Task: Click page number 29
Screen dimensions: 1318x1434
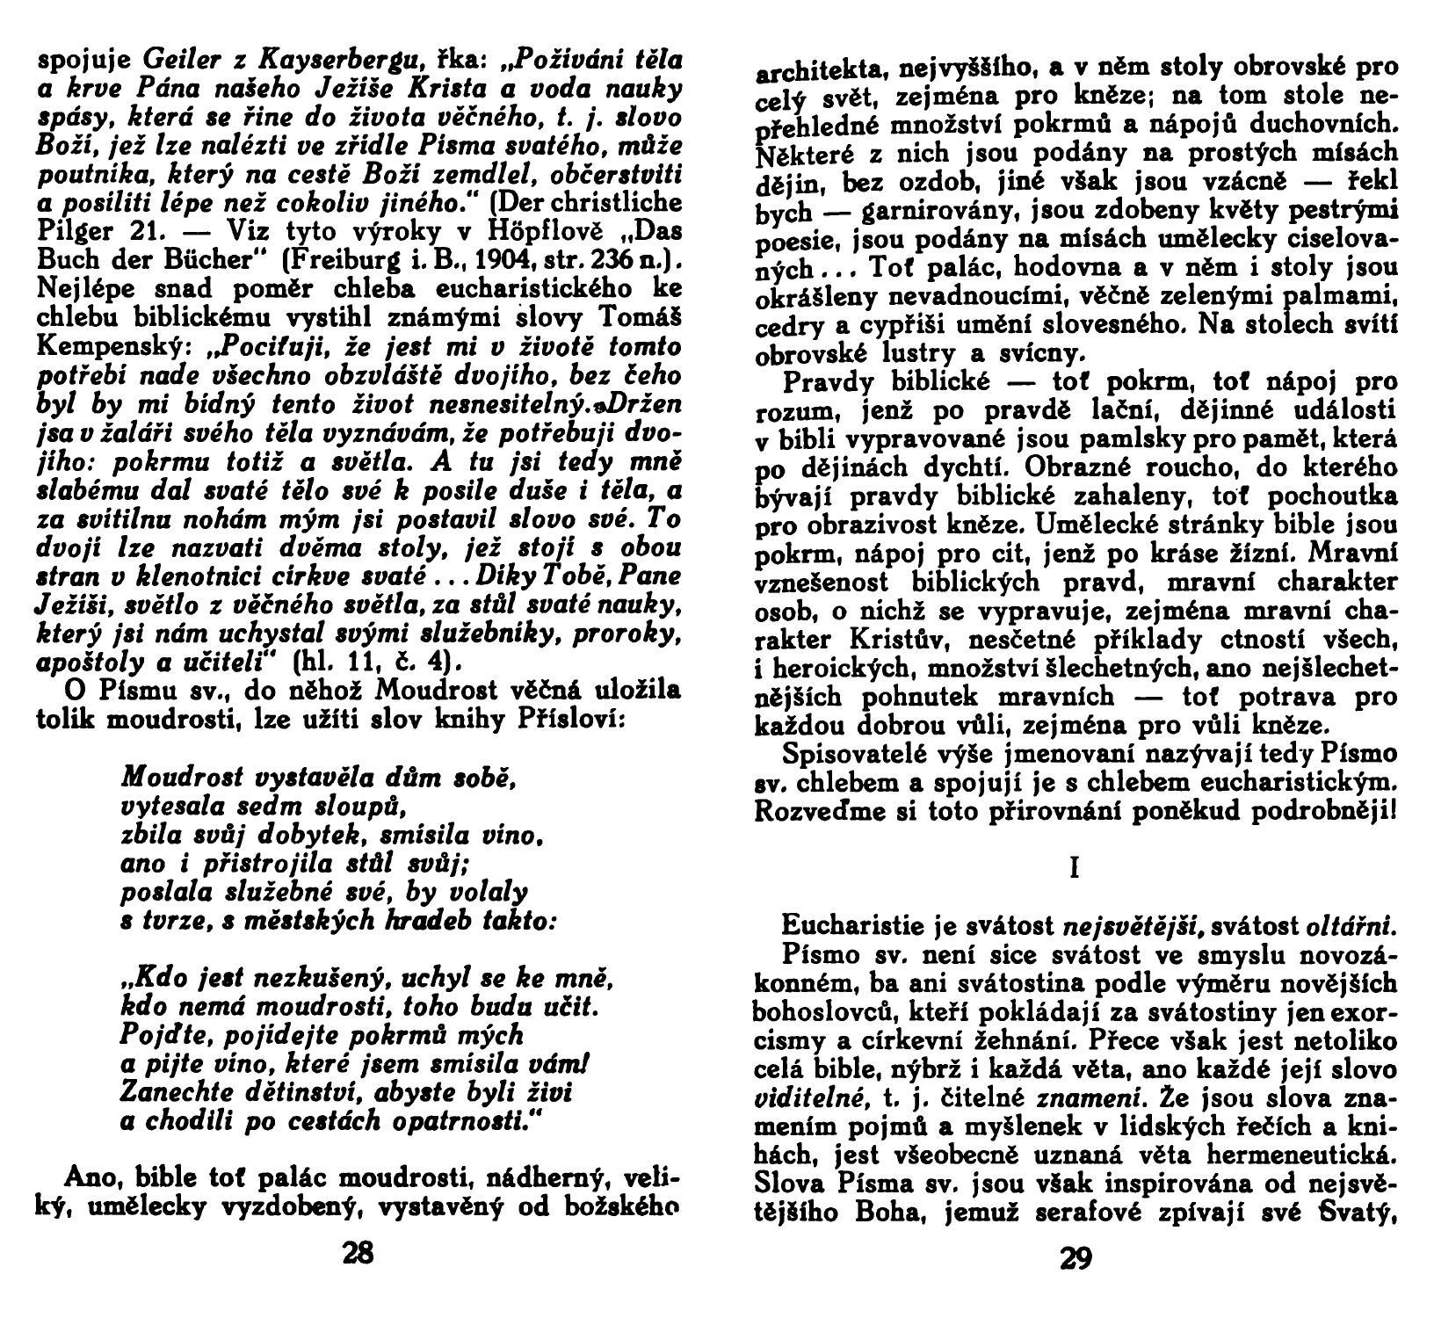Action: pos(1075,1259)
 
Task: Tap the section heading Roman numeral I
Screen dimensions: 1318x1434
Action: pos(1075,868)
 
